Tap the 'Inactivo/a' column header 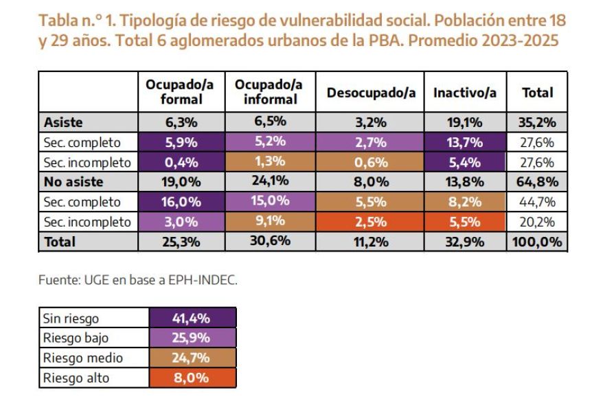tap(464, 92)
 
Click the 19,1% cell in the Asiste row tap(464, 124)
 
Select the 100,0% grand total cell tap(538, 242)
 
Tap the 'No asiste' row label tap(72, 183)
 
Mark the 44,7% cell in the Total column tap(538, 203)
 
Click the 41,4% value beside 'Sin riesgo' tap(192, 318)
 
